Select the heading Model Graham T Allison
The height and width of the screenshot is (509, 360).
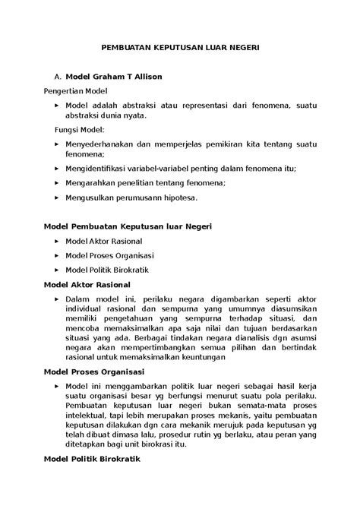pyautogui.click(x=113, y=77)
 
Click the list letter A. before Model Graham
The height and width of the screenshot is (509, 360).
pyautogui.click(x=54, y=77)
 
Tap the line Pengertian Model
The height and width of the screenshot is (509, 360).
pyautogui.click(x=76, y=90)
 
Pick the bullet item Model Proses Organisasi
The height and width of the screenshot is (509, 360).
pyautogui.click(x=109, y=254)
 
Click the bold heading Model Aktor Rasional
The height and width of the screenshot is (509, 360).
pyautogui.click(x=88, y=284)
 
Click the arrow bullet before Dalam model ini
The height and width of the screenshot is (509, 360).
pyautogui.click(x=57, y=299)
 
